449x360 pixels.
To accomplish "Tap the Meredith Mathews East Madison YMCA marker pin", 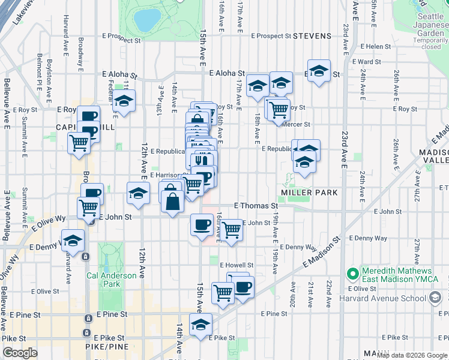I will (352, 275).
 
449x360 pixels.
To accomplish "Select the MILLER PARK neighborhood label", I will (309, 193).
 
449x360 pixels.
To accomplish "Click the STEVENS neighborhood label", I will (312, 36).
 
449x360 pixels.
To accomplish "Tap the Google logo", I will (20, 353).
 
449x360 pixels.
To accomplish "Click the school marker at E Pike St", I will (200, 326).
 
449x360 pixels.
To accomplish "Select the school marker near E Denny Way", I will (73, 241).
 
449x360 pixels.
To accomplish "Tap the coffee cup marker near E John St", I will (201, 225).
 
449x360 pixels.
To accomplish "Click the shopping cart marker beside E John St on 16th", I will (231, 230).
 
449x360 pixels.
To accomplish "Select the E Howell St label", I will (237, 265).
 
